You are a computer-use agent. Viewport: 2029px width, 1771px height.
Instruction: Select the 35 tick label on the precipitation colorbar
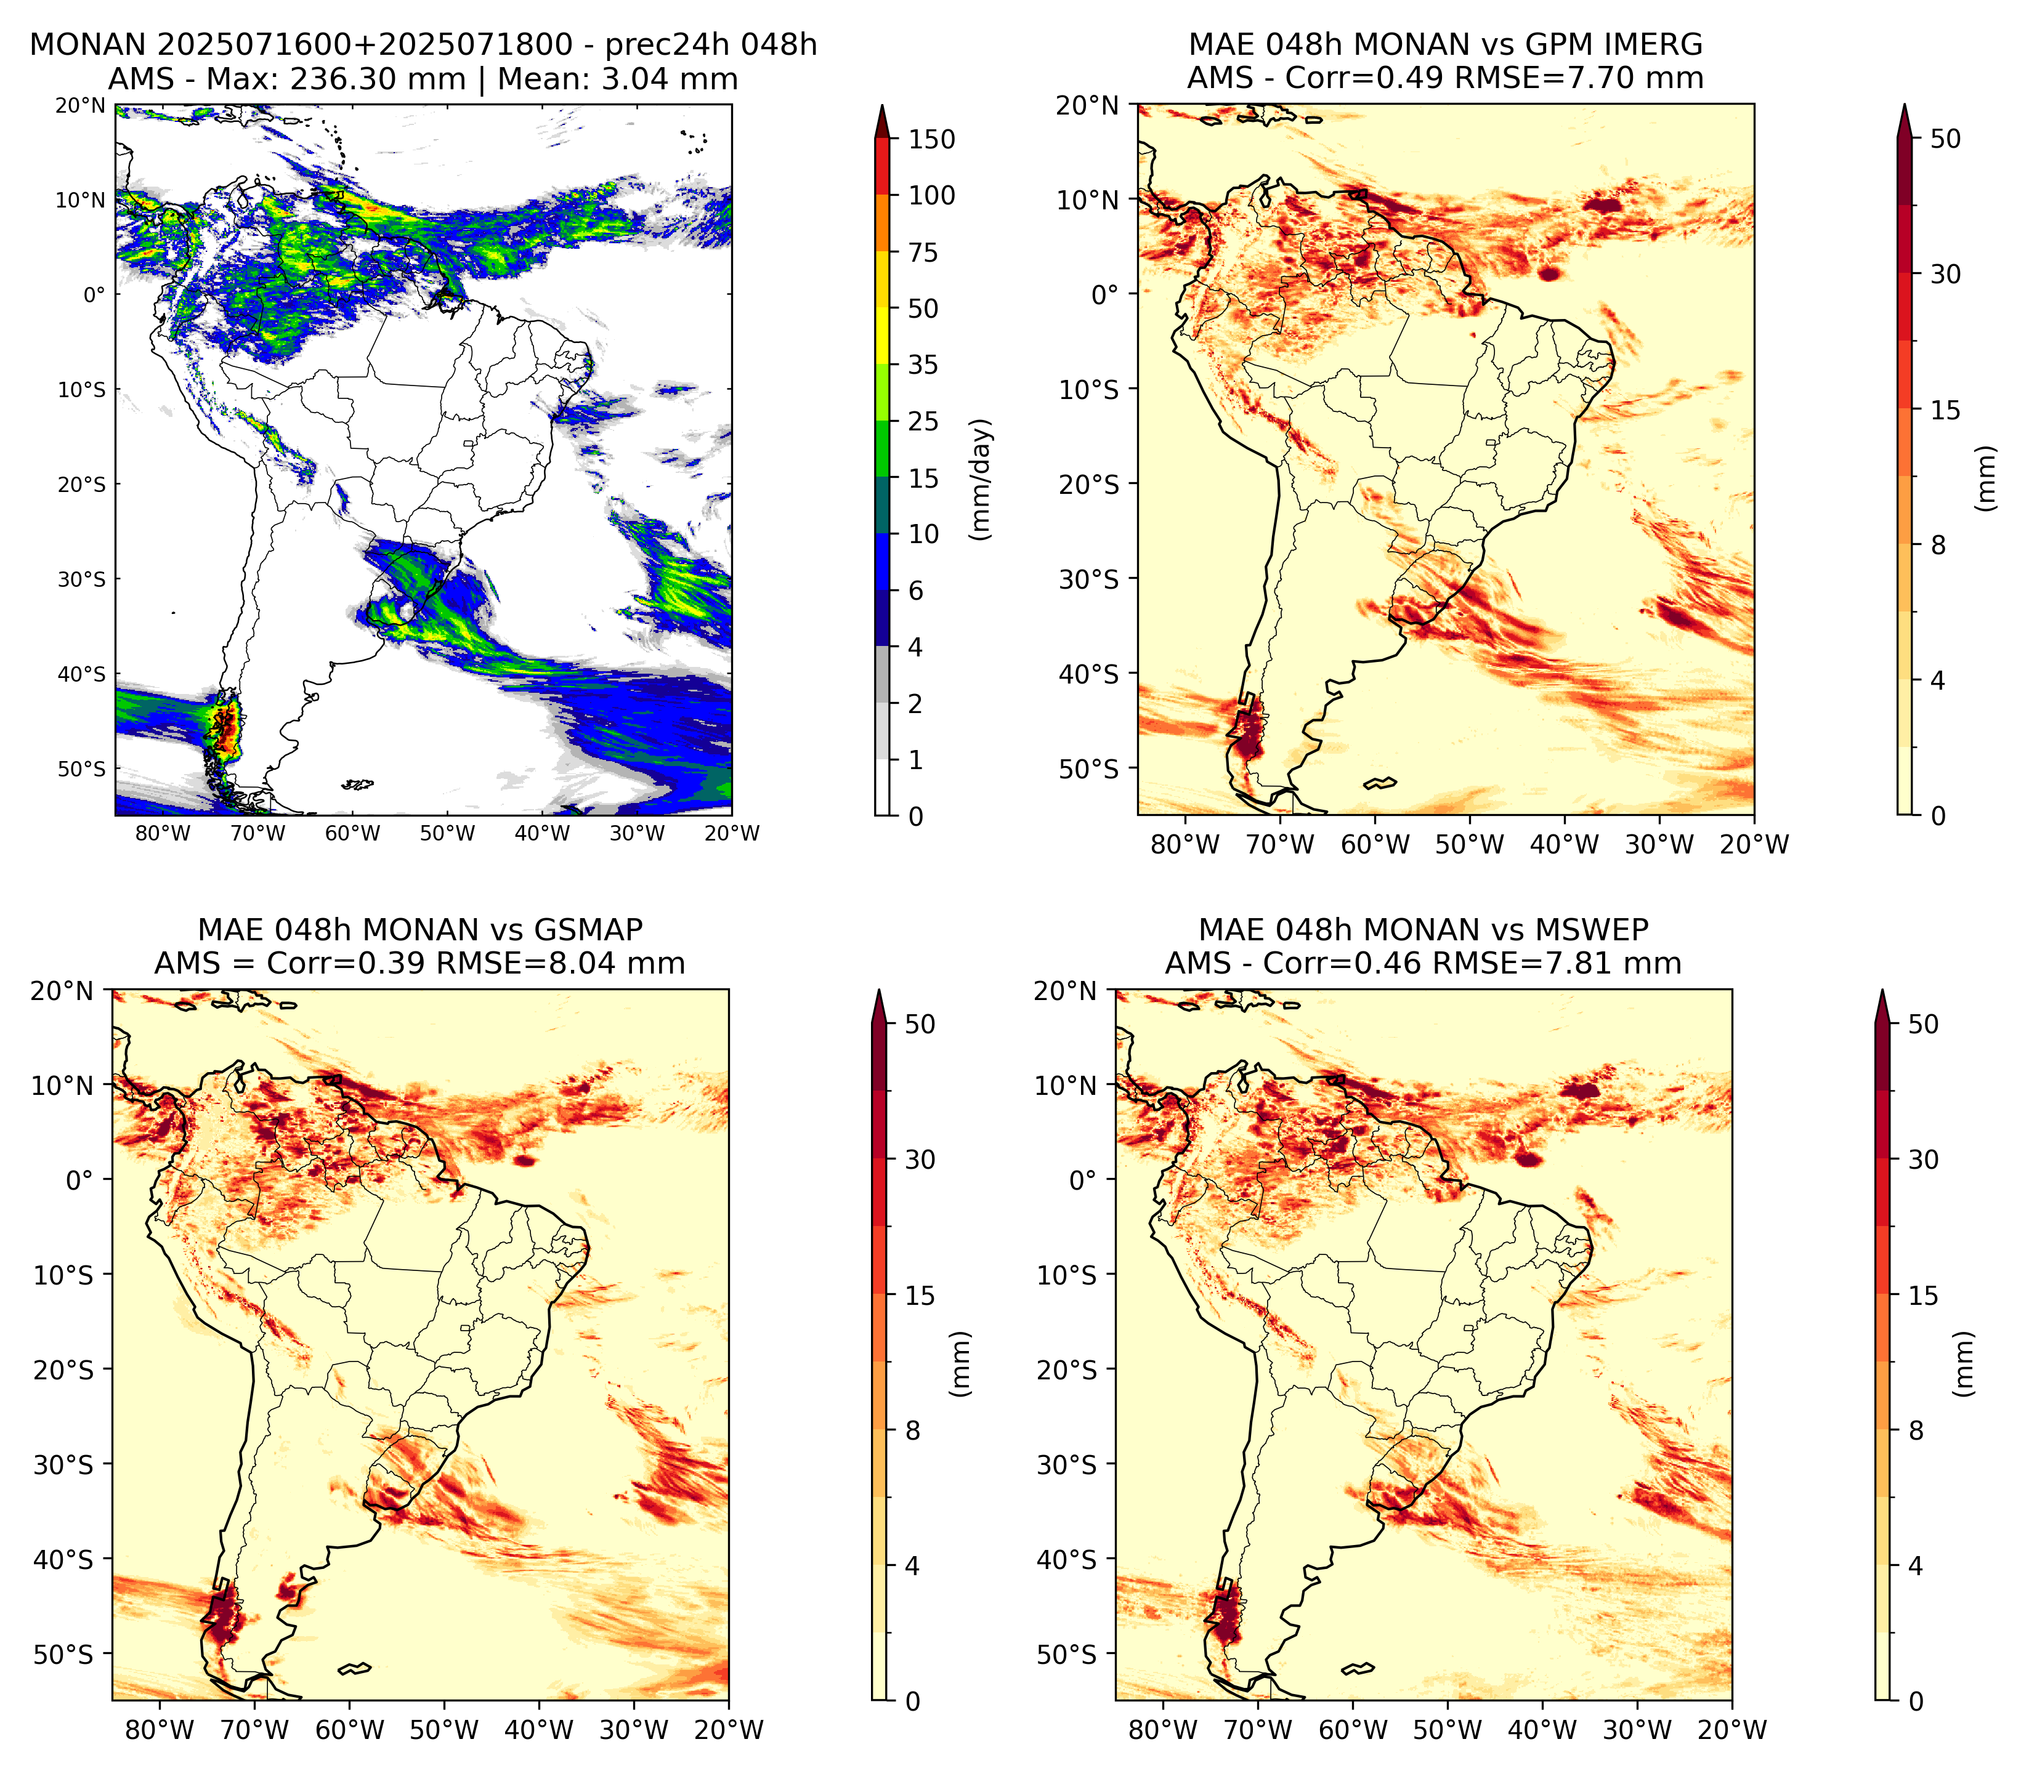click(923, 365)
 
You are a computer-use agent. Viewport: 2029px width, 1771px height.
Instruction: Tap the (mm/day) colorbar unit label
click(981, 479)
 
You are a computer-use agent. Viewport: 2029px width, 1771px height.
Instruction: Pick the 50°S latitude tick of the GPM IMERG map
click(1089, 769)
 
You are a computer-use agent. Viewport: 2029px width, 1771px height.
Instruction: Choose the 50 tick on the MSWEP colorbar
click(1922, 1024)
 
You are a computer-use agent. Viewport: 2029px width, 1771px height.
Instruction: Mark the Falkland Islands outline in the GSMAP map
click(355, 1669)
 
